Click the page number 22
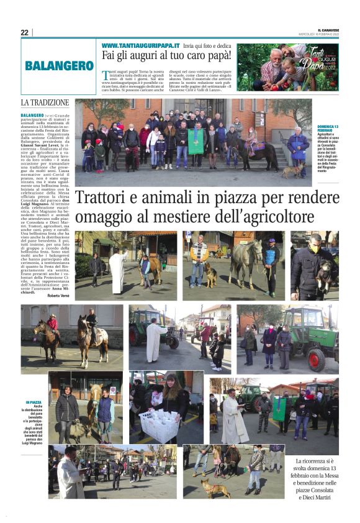click(24, 32)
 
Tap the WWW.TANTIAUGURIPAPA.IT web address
click(140, 46)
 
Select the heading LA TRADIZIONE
click(45, 102)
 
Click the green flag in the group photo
click(196, 141)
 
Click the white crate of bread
click(158, 425)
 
